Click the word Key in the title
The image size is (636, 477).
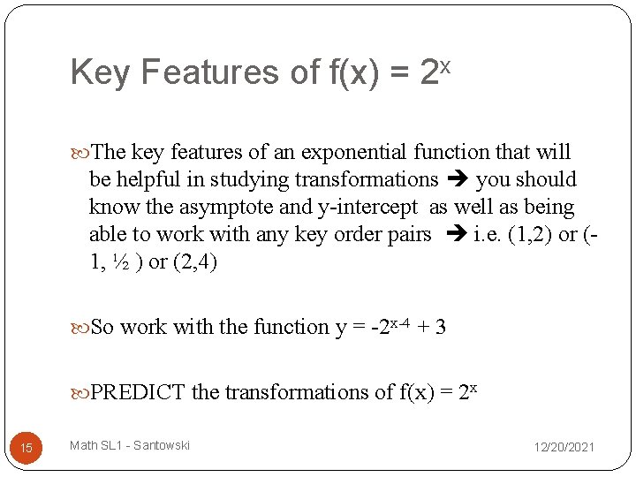[99, 73]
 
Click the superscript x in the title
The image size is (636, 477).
[446, 64]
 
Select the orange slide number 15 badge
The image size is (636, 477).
[26, 448]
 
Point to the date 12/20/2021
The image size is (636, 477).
[564, 447]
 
